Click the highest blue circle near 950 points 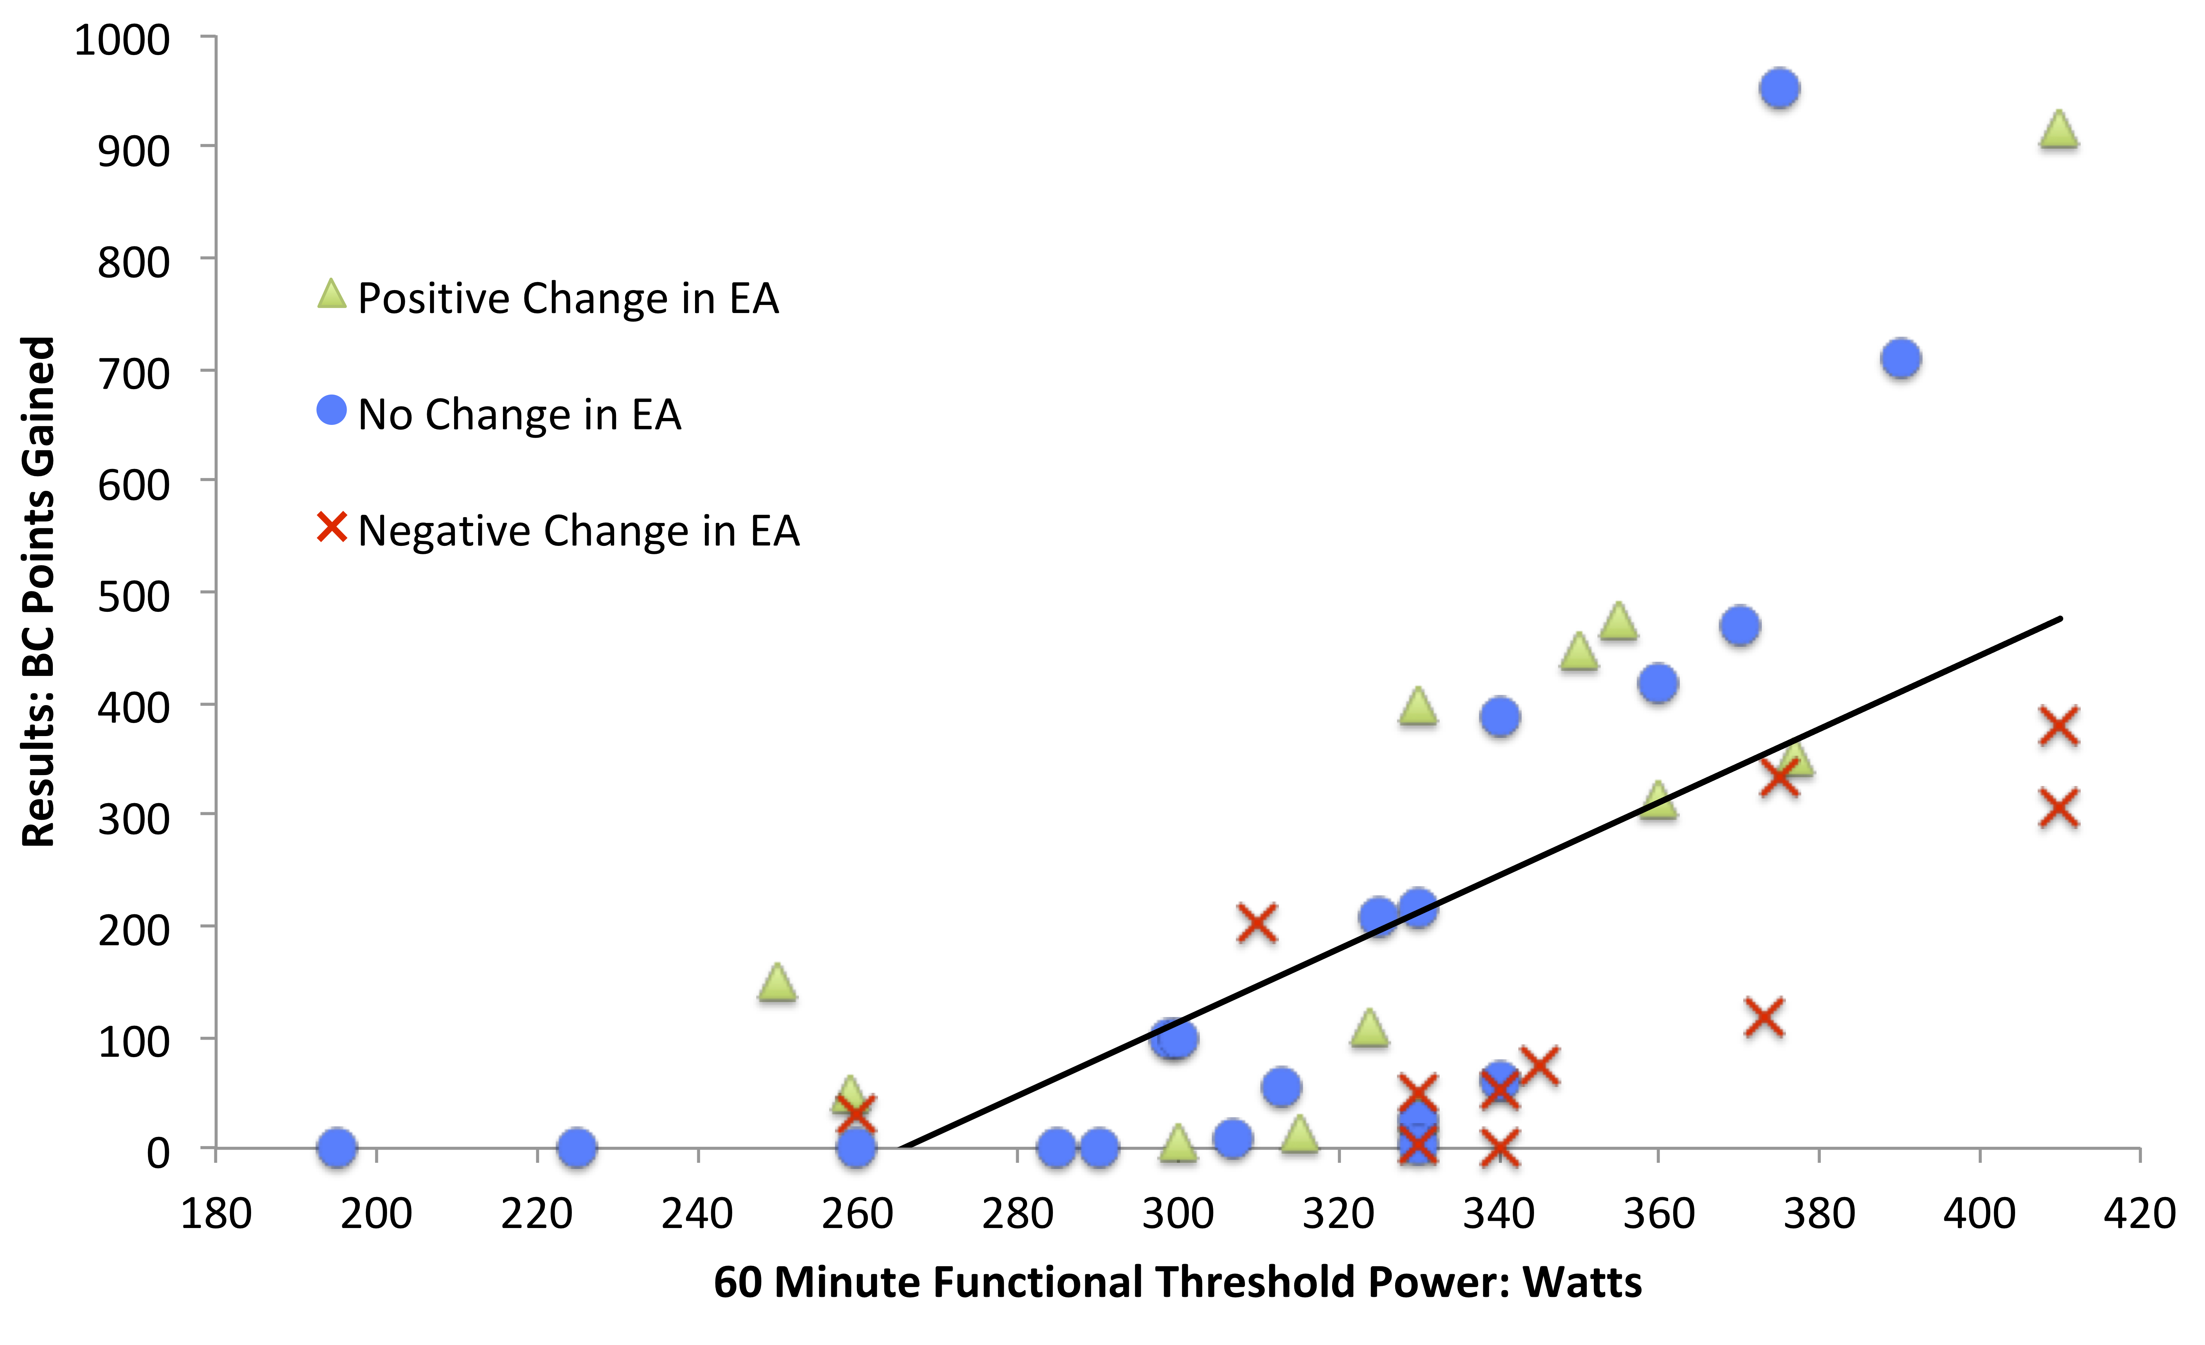point(1779,89)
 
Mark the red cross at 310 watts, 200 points point(1256,923)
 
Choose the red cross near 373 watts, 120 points point(1764,1017)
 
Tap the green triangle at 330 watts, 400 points point(1417,707)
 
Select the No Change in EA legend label point(519,414)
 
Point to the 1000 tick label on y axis point(122,40)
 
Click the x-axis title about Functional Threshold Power point(1177,1282)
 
